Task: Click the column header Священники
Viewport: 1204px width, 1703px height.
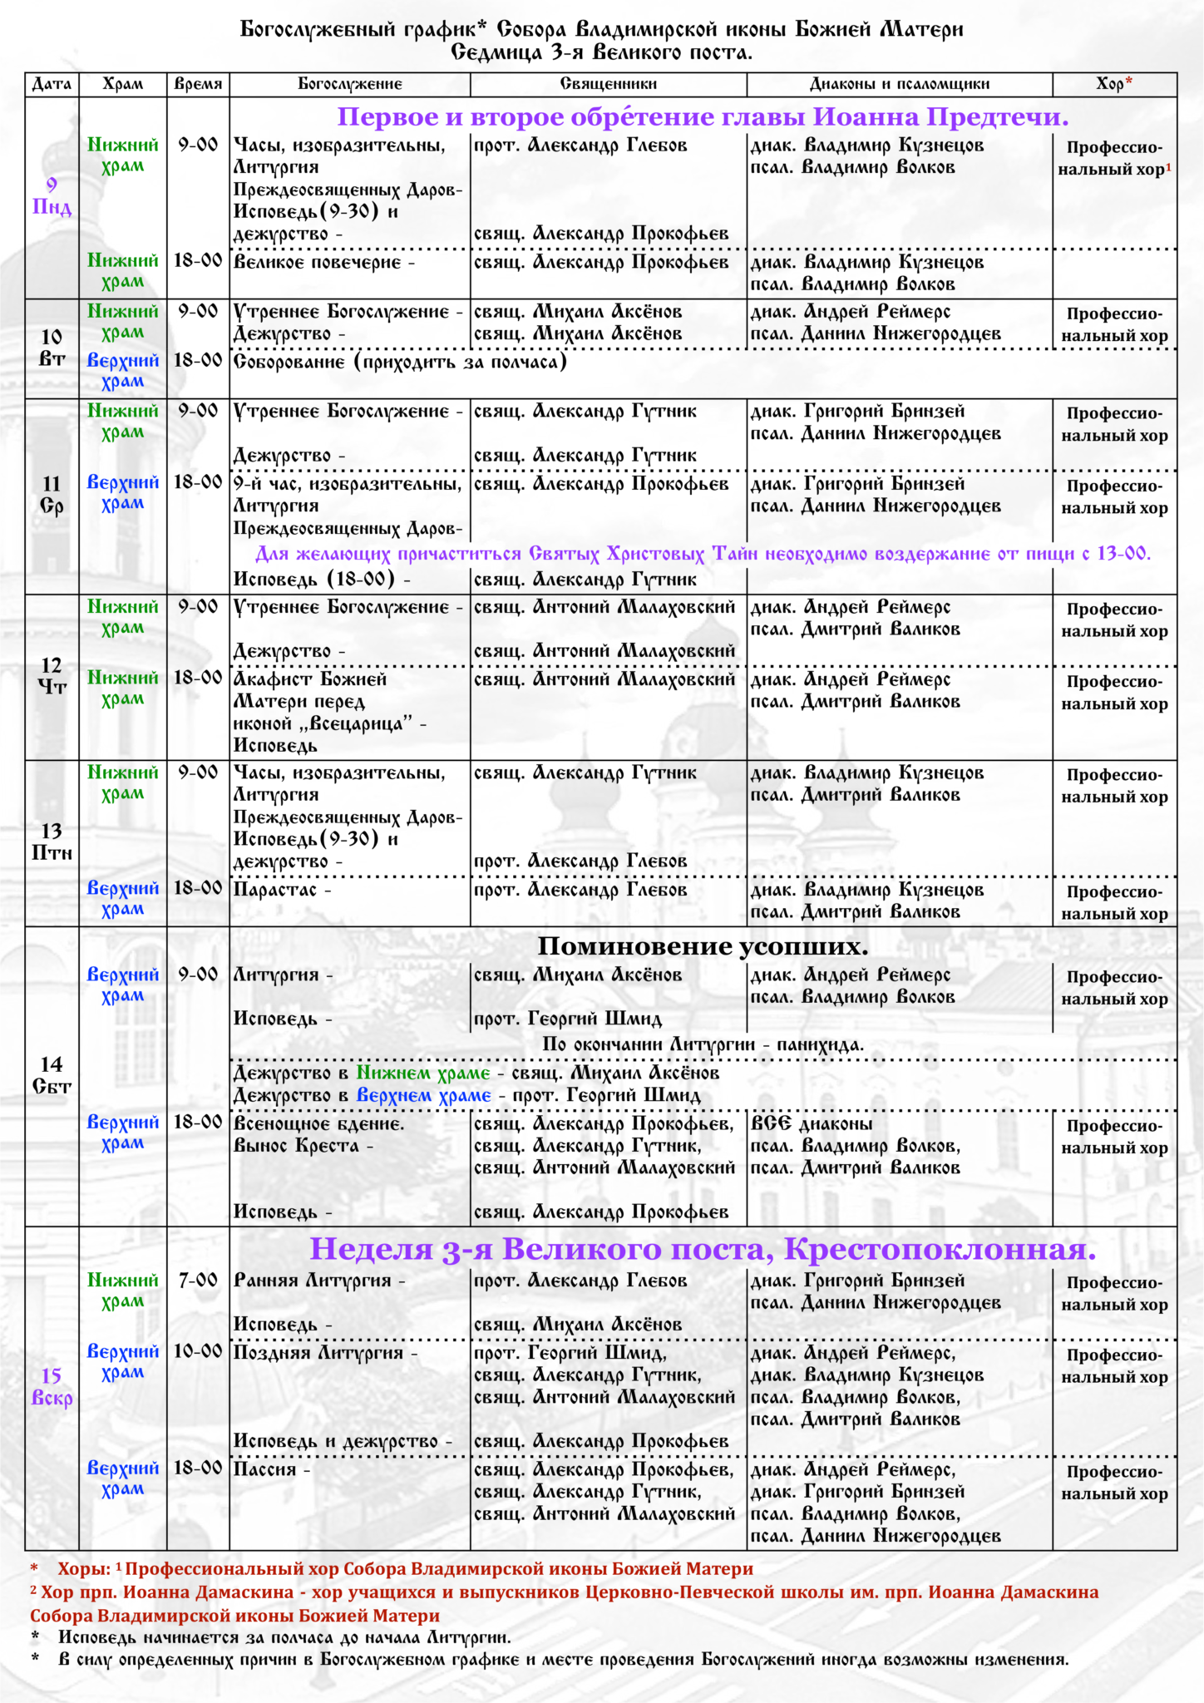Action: pos(608,84)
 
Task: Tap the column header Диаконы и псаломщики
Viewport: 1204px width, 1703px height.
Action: pos(899,84)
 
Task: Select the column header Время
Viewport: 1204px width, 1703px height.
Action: pos(198,84)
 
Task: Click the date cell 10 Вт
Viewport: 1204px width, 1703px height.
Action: pos(52,348)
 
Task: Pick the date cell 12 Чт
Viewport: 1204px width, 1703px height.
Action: pos(52,676)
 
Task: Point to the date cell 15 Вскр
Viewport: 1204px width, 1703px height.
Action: pos(52,1387)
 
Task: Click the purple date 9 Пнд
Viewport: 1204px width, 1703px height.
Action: pos(52,196)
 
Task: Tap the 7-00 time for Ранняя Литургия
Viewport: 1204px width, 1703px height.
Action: pos(198,1281)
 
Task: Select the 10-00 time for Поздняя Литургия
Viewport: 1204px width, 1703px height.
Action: pos(198,1352)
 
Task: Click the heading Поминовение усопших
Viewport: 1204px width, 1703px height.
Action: pos(703,946)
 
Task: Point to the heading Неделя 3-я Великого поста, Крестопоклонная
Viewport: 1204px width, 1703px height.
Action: pos(703,1249)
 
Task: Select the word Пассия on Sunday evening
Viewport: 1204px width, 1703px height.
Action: pos(265,1469)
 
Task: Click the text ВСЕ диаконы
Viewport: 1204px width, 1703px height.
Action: pos(812,1124)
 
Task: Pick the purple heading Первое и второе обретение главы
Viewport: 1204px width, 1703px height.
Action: pos(703,117)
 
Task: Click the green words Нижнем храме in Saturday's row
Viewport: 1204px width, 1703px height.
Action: pos(422,1073)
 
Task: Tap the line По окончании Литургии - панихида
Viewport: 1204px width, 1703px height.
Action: pos(703,1044)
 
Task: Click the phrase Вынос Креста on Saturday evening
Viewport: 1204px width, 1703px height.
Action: pos(296,1146)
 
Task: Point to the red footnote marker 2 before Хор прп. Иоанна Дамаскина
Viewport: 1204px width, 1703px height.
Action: pos(34,1590)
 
